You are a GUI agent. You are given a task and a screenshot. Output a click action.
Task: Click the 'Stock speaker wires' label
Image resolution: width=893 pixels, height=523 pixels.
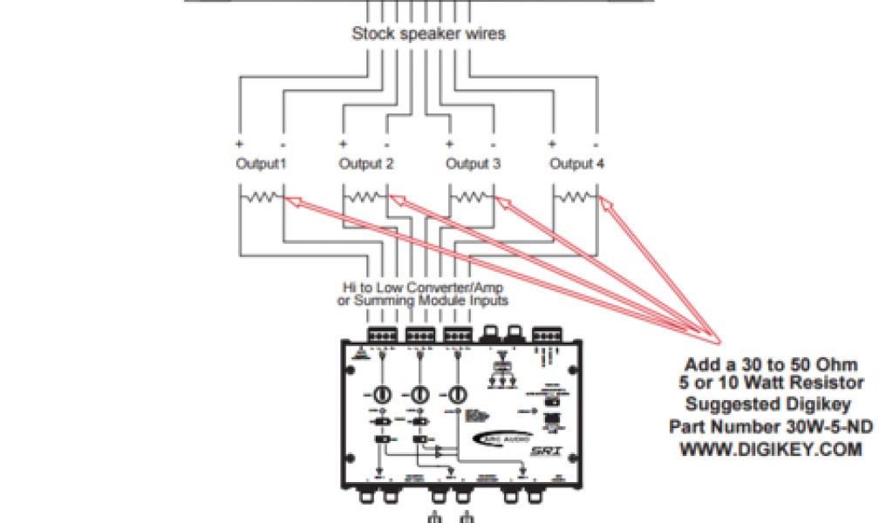428,35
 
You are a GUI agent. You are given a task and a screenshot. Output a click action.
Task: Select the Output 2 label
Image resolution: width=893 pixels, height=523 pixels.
366,163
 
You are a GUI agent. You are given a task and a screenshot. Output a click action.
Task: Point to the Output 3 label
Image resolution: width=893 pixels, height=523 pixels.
473,163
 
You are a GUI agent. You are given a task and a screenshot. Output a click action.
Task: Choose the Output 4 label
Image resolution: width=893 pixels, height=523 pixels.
576,163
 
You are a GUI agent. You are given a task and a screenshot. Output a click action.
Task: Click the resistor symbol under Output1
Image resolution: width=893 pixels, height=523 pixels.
261,200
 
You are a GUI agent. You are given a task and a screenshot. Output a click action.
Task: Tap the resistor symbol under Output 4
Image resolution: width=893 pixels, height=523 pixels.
576,200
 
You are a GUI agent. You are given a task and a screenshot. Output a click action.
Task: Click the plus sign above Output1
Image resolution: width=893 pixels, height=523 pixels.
238,143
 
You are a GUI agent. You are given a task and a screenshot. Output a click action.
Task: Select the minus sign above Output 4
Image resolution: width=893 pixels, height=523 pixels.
596,143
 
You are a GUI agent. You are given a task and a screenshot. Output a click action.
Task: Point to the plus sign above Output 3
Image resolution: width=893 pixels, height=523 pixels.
449,143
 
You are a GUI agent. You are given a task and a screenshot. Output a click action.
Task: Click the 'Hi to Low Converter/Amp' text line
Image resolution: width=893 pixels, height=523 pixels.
422,287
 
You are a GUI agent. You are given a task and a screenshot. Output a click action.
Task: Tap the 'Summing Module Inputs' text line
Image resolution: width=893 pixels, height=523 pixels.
422,300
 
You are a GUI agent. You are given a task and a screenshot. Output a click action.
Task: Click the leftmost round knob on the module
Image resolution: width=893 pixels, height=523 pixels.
381,394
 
